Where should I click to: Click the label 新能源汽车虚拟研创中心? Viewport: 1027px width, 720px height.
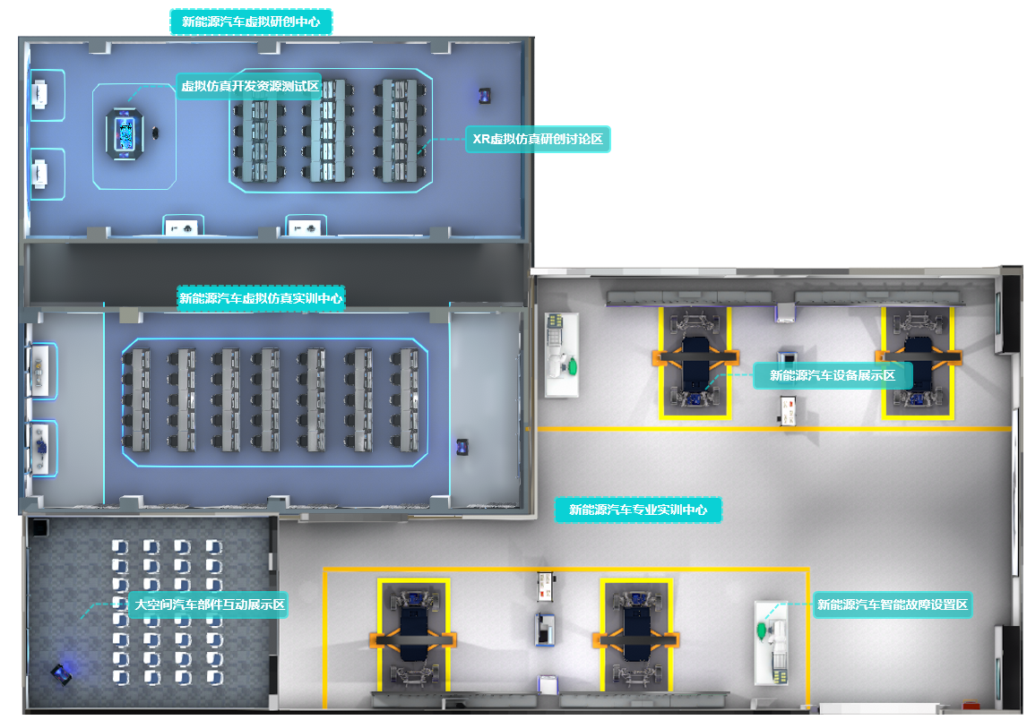[x=251, y=21]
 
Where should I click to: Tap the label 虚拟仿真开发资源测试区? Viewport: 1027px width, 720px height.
[x=250, y=86]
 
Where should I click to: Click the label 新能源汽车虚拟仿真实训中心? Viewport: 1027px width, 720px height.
[x=261, y=298]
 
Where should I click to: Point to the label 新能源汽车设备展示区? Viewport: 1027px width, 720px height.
[x=833, y=375]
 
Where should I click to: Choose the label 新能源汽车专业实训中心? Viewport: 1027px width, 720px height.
[x=638, y=510]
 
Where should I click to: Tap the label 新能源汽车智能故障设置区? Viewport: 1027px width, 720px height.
[x=893, y=604]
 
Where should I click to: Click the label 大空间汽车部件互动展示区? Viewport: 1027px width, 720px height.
[x=209, y=605]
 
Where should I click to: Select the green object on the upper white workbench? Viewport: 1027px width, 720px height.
[x=571, y=365]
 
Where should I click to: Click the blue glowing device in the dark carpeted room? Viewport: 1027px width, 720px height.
[x=61, y=673]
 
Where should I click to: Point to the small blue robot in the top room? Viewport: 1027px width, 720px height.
[x=485, y=93]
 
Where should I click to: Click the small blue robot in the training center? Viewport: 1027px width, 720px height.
[x=462, y=446]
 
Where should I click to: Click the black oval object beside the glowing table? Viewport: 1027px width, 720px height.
[x=158, y=134]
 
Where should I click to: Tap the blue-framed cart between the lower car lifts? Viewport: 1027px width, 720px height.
[x=545, y=629]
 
